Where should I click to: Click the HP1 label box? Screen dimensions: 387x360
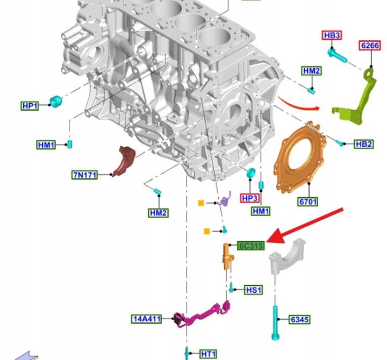point(30,106)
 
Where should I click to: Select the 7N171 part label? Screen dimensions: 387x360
point(84,175)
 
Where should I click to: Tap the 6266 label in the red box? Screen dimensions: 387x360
point(369,45)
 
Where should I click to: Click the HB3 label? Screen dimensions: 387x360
point(332,35)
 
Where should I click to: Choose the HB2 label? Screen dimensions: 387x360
point(363,144)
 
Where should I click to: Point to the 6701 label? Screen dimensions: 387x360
point(307,201)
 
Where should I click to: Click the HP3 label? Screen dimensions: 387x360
point(249,198)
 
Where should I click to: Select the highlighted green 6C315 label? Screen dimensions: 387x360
point(251,246)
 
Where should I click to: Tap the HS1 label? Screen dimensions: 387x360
point(254,290)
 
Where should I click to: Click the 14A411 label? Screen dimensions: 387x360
point(147,319)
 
